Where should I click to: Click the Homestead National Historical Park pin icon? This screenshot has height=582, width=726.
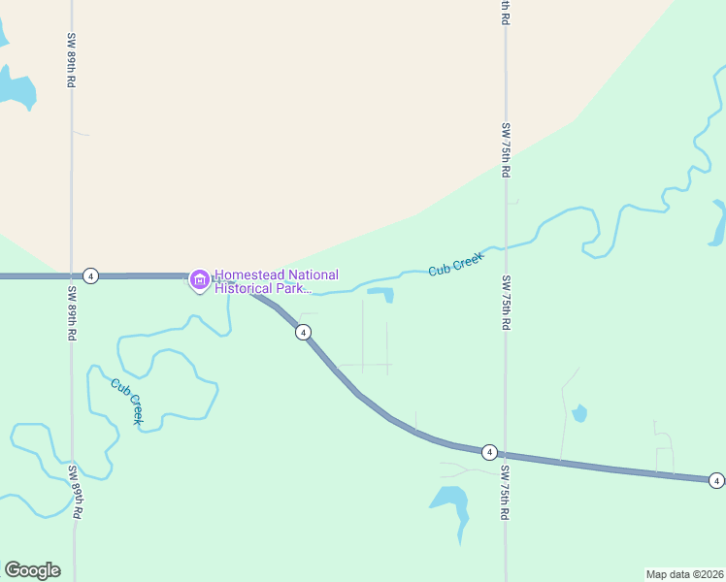coord(200,281)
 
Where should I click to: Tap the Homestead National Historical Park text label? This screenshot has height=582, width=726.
coord(277,281)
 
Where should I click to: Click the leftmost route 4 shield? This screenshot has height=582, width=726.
coord(90,275)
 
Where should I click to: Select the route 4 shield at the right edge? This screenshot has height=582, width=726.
coord(715,480)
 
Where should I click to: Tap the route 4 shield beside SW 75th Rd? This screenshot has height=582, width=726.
coord(489,452)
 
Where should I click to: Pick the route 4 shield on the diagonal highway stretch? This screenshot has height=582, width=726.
coord(304,333)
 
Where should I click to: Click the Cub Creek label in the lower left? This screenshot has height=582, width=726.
coord(127,401)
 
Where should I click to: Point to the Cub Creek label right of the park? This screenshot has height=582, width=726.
coord(455,263)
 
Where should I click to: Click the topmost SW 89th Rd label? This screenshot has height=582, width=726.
coord(72,60)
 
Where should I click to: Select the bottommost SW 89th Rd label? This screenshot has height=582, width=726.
coord(74,493)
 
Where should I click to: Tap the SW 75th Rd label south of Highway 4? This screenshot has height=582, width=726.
coord(506,493)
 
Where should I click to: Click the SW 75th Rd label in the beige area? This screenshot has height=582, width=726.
coord(506,149)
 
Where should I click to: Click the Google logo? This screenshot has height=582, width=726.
coord(32,570)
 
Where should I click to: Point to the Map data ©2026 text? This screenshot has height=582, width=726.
coord(684,573)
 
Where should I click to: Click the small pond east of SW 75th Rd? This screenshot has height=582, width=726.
coord(579,414)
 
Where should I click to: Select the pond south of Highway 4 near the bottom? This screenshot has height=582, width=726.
coord(450,501)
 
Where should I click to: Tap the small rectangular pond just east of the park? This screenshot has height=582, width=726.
coord(380,294)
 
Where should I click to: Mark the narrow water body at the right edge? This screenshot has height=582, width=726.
coord(719,223)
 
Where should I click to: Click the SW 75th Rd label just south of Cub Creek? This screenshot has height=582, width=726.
coord(506,304)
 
